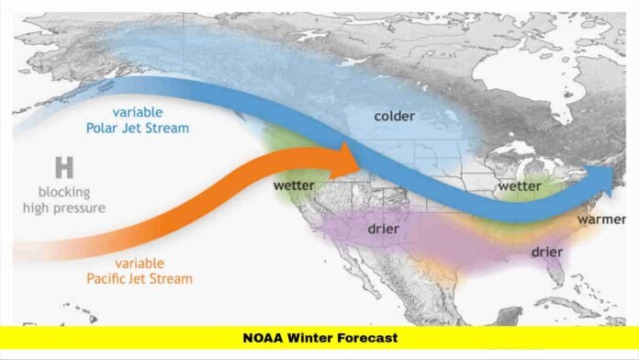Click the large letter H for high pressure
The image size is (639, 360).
[x=64, y=168]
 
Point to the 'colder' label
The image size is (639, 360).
[x=395, y=116]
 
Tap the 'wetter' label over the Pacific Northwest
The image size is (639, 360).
[x=294, y=186]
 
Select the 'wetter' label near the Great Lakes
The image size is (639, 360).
[x=519, y=186]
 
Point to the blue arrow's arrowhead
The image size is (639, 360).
[x=611, y=180]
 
